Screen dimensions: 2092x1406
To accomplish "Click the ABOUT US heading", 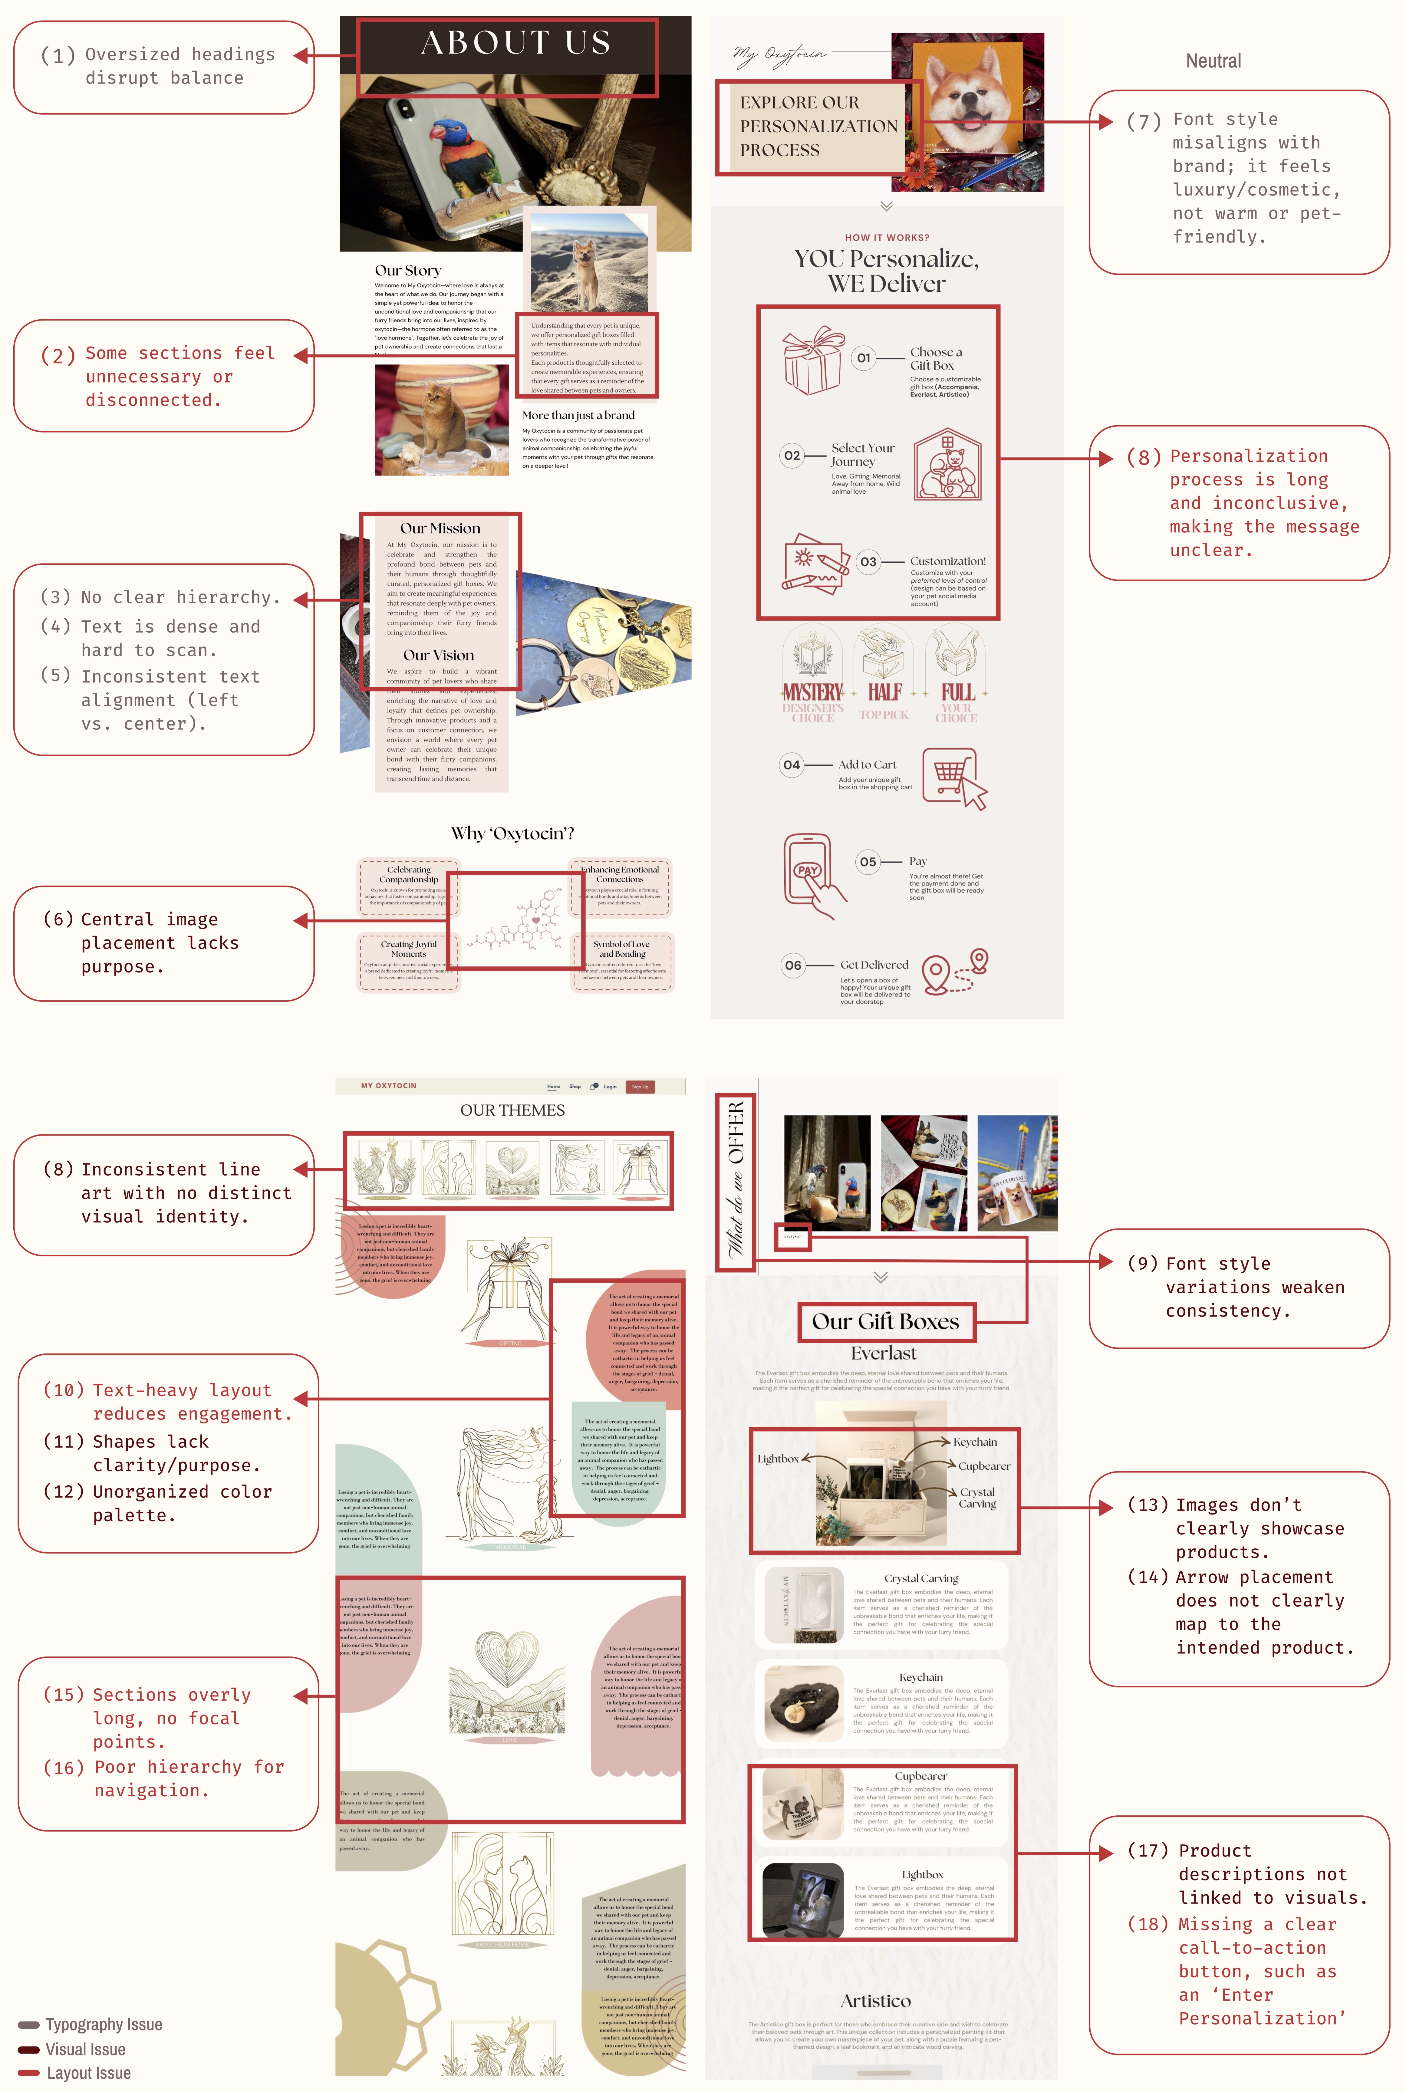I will pyautogui.click(x=515, y=43).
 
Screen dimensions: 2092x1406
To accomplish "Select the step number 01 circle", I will pyautogui.click(x=863, y=358).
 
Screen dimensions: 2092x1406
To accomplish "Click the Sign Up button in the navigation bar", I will pyautogui.click(x=640, y=1086).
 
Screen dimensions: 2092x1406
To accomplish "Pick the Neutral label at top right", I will pyautogui.click(x=1213, y=61).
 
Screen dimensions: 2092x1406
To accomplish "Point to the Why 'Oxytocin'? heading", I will pyautogui.click(x=512, y=834).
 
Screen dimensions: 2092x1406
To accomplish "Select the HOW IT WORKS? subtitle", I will pyautogui.click(x=887, y=238).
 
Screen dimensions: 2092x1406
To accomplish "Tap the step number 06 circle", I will pyautogui.click(x=793, y=965).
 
